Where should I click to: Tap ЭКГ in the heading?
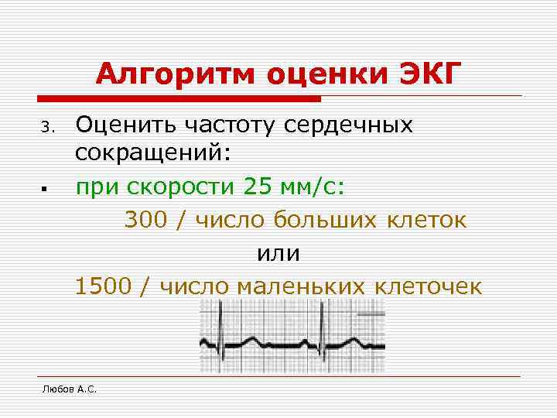pos(429,75)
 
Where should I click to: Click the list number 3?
pos(46,126)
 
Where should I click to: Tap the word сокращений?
pos(153,155)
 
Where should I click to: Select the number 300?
pos(146,221)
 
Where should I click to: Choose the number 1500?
pos(102,286)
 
